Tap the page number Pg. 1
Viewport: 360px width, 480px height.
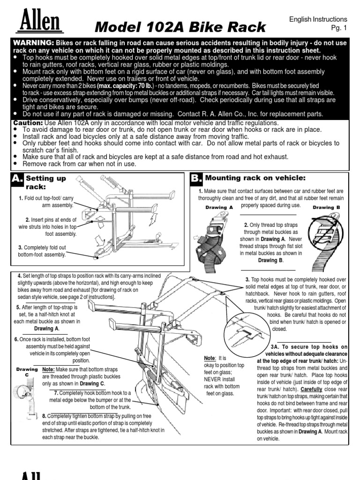point(337,29)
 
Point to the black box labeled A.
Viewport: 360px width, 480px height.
point(17,179)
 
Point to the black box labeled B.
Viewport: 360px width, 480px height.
point(196,178)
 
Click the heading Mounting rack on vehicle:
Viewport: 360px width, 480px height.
point(255,178)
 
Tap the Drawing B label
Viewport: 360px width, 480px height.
point(326,207)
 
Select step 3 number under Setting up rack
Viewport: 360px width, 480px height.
point(20,247)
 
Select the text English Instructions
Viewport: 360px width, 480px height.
point(318,19)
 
